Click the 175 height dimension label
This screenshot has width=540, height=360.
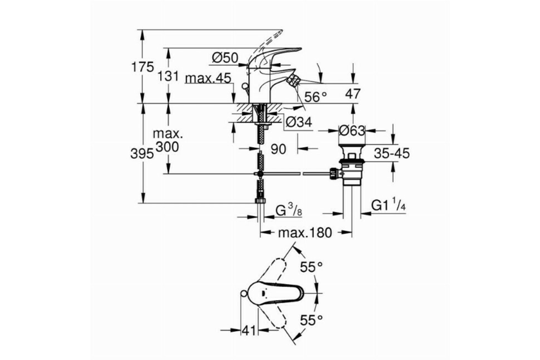143,67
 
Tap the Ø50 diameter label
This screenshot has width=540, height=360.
225,58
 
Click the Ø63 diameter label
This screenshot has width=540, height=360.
351,130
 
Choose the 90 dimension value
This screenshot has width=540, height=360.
279,149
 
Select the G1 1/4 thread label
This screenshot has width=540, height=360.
389,206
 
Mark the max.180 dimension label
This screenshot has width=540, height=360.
305,233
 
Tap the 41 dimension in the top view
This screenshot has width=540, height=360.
248,330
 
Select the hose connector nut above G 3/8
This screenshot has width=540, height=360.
260,201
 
